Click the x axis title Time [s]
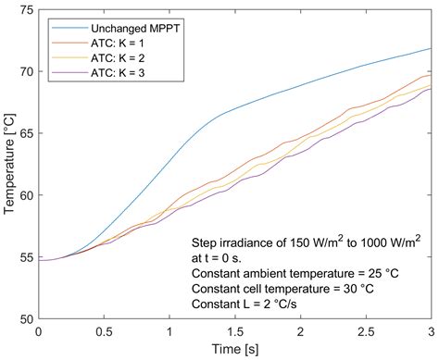tap(234, 350)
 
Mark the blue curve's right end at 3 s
tap(432, 49)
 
